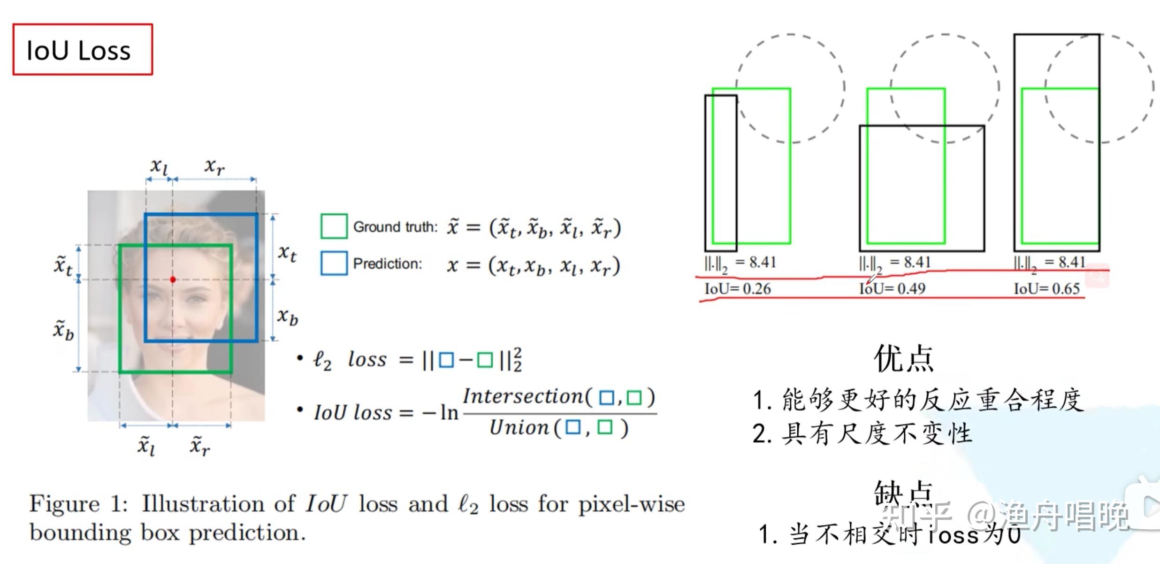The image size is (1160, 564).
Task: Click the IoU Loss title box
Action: (x=83, y=49)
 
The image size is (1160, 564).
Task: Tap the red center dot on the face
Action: (x=173, y=279)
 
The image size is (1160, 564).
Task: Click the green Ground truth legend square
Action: (x=334, y=226)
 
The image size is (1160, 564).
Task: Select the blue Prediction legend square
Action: (x=334, y=263)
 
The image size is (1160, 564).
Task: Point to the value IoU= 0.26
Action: (x=738, y=288)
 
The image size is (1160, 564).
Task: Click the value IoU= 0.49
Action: (x=892, y=288)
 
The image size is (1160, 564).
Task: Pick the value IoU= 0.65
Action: (x=1046, y=288)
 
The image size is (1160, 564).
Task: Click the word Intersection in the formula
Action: (x=523, y=396)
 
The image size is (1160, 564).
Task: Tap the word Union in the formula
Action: (x=519, y=428)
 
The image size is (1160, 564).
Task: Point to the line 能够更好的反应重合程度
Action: (x=931, y=400)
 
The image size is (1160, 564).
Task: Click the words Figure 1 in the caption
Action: (x=78, y=504)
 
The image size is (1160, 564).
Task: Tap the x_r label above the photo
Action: (x=214, y=166)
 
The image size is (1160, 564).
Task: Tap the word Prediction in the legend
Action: (x=388, y=264)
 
